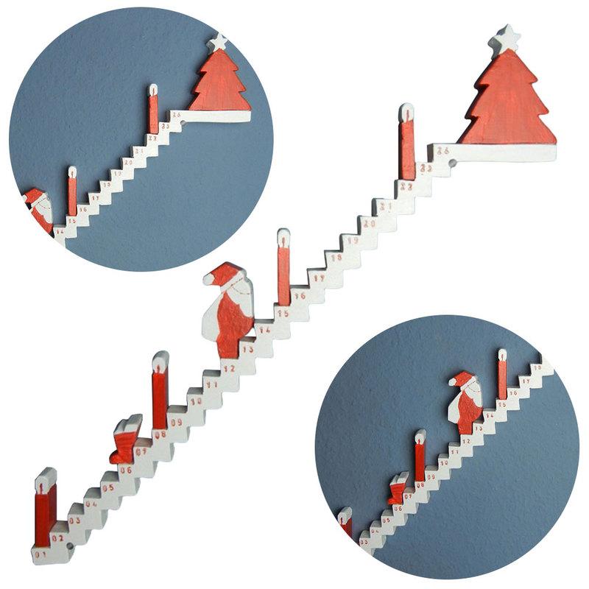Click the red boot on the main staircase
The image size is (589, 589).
[x=127, y=440]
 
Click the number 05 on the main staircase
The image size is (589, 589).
[x=108, y=487]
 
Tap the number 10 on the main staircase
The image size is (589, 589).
[x=195, y=401]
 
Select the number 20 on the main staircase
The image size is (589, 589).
[x=369, y=223]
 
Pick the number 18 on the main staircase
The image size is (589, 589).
[x=336, y=258]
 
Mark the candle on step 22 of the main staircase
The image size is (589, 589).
[x=406, y=143]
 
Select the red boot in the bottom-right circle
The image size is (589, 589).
[x=398, y=487]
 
